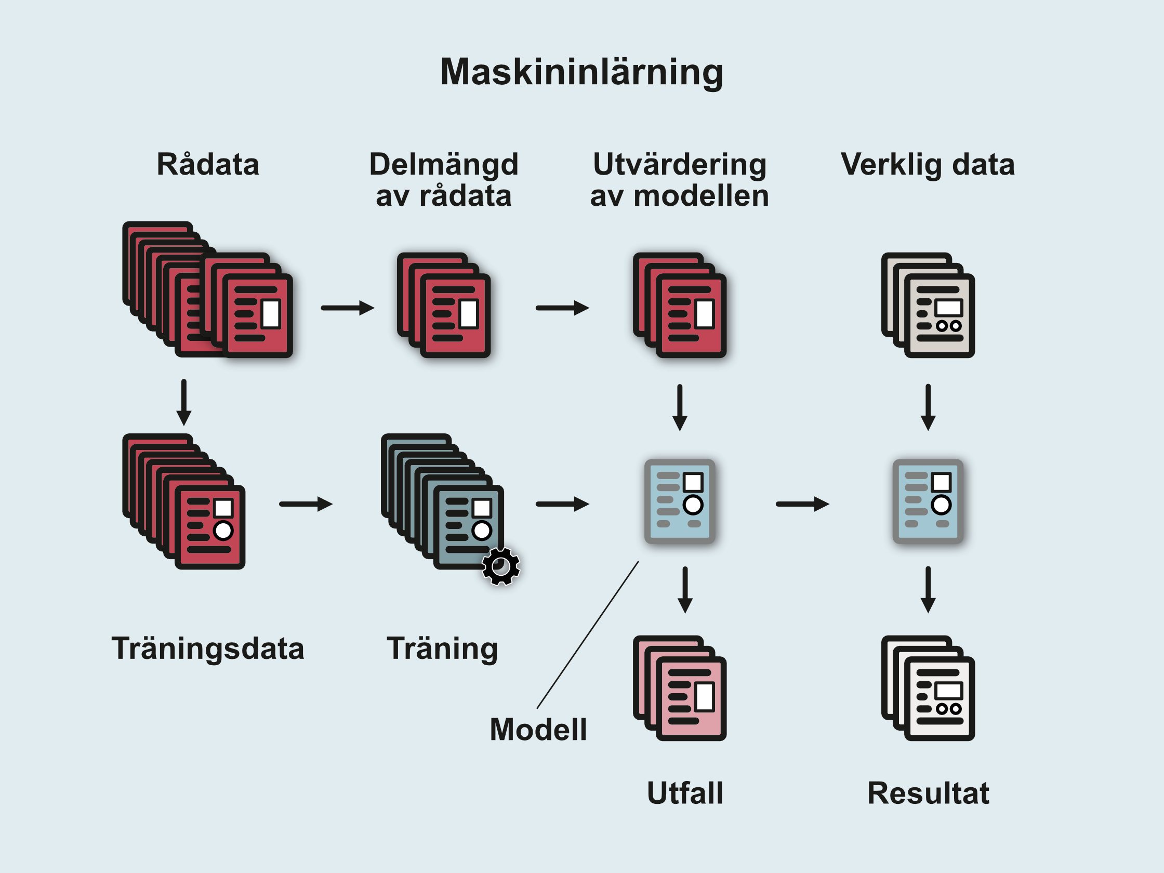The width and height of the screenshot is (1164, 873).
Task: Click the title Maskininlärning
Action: [581, 72]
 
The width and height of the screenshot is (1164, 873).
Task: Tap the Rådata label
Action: [208, 164]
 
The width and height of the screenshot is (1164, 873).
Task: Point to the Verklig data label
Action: [927, 164]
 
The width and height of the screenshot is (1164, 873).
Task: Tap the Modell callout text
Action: [538, 730]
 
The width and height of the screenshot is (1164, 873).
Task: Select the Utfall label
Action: [684, 793]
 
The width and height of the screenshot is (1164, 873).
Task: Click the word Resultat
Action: [928, 793]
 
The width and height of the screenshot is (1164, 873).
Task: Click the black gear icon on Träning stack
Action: [501, 566]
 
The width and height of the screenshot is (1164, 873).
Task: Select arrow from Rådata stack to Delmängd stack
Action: [347, 308]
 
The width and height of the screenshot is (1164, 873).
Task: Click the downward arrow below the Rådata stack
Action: [183, 402]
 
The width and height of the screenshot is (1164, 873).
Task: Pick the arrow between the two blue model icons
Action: [802, 504]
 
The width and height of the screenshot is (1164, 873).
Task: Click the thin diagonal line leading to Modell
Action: [587, 635]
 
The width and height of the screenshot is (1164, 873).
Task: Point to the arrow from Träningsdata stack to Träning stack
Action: [305, 504]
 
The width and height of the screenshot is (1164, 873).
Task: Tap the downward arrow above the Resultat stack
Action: [928, 589]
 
